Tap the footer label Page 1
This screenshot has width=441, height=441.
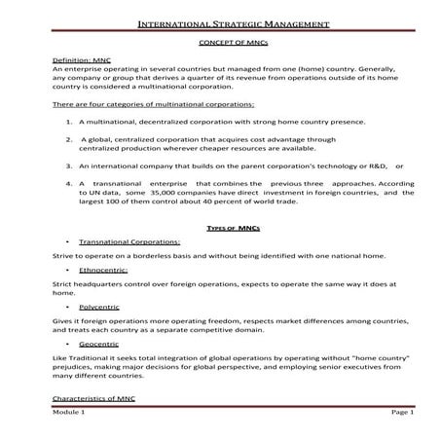click(403, 413)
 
